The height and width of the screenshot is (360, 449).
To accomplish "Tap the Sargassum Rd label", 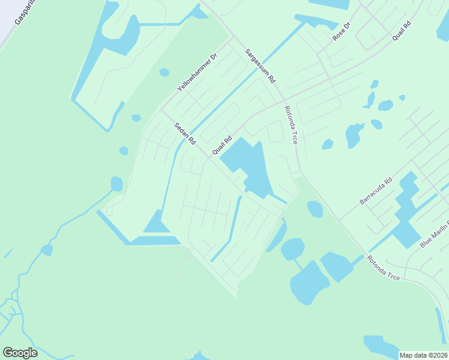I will [x=261, y=66].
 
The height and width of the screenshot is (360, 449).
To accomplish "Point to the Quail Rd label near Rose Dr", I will [x=402, y=31].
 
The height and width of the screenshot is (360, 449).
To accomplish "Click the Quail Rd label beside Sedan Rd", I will [x=222, y=146].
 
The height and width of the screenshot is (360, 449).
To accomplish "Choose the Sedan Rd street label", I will [x=185, y=134].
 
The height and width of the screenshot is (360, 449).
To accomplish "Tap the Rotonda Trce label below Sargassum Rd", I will [x=291, y=125].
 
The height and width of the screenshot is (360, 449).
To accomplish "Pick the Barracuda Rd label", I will [x=376, y=191].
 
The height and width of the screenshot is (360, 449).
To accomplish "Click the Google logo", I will [x=20, y=352].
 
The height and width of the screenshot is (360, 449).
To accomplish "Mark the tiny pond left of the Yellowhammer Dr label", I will [x=164, y=73].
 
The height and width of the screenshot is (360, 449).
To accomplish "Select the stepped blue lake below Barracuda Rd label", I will [x=407, y=210].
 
